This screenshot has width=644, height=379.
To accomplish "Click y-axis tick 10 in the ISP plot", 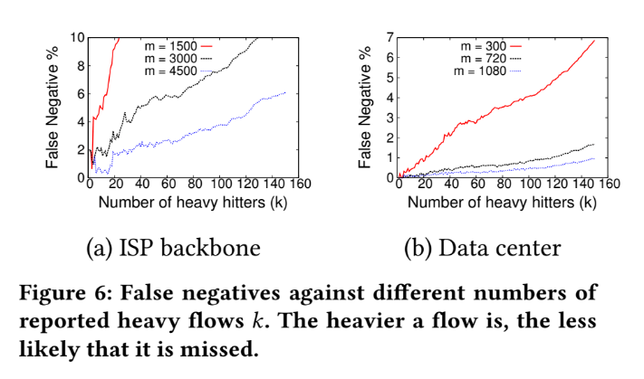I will pos(78,38).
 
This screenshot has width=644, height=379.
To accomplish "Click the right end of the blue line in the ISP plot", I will pos(286,91).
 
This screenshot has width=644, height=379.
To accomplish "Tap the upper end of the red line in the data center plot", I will pos(594,40).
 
